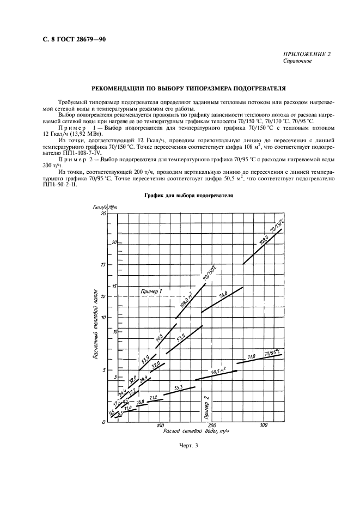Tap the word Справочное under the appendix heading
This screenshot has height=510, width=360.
pyautogui.click(x=297, y=61)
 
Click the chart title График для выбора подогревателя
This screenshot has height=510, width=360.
pyautogui.click(x=180, y=195)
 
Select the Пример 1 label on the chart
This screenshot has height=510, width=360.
pyautogui.click(x=151, y=292)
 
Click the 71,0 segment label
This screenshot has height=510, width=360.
pyautogui.click(x=252, y=357)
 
